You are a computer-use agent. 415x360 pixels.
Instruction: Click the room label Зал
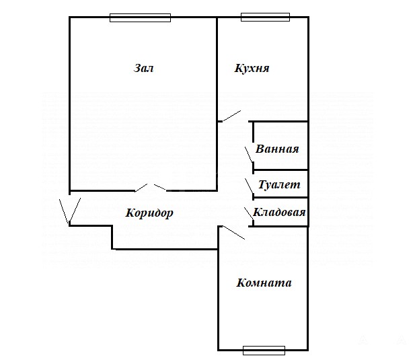point(143,68)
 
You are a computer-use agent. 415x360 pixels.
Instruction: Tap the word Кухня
point(252,68)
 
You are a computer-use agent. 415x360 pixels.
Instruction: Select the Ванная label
point(277,149)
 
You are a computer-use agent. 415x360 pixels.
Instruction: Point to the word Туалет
point(279,184)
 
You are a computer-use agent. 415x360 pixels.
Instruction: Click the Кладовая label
point(279,212)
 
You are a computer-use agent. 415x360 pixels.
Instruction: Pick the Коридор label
point(149,213)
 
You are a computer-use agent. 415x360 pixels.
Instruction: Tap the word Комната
point(264,283)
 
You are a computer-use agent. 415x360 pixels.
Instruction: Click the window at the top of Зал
point(141,17)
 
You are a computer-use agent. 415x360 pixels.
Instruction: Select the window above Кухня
point(265,17)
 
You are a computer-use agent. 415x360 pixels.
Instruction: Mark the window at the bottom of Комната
point(264,350)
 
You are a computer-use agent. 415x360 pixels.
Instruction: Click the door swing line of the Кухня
point(232,116)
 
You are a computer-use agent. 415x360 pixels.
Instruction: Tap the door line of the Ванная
point(249,155)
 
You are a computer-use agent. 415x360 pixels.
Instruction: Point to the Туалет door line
point(250,186)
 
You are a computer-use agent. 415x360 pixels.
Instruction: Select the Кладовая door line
point(249,213)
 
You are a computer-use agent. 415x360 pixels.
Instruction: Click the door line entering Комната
point(233,232)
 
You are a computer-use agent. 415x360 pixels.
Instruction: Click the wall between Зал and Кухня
point(217,69)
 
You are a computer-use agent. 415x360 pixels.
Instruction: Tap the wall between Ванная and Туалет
point(280,170)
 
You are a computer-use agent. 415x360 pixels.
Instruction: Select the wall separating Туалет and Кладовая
point(280,197)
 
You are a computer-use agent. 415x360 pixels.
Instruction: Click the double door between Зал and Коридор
point(151,188)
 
